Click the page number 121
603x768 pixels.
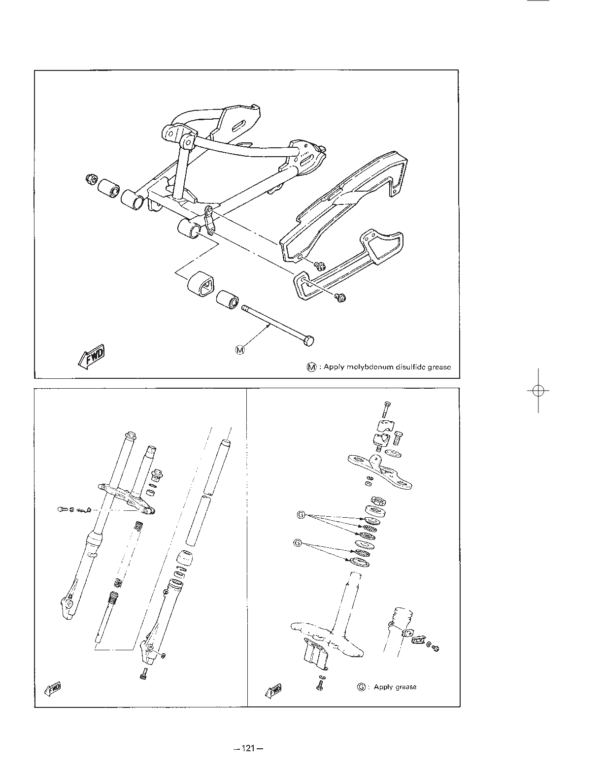pyautogui.click(x=248, y=748)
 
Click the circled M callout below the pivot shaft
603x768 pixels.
pyautogui.click(x=240, y=350)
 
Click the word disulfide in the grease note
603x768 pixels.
pyautogui.click(x=411, y=367)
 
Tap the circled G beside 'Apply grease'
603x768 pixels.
pyautogui.click(x=361, y=687)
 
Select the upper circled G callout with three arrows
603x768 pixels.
pyautogui.click(x=301, y=515)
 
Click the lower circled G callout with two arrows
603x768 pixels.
pyautogui.click(x=297, y=542)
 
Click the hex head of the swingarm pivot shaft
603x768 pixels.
pyautogui.click(x=308, y=341)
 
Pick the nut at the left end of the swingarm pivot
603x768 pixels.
pyautogui.click(x=91, y=179)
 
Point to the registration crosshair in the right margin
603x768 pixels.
pyautogui.click(x=538, y=391)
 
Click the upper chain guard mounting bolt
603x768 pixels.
pyautogui.click(x=320, y=266)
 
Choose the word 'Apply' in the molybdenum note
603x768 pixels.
pyautogui.click(x=334, y=367)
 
